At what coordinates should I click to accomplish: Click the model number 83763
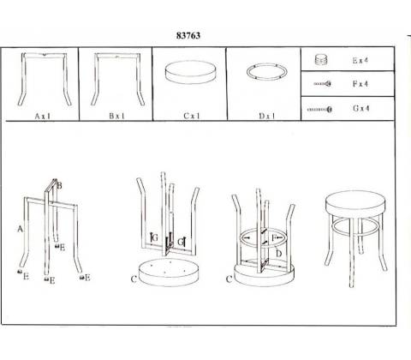coord(188,36)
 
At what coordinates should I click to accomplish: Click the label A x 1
coord(43,116)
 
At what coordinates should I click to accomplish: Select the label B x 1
coord(117,116)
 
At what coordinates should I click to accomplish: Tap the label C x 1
coord(192,116)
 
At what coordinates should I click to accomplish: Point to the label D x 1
coord(267,116)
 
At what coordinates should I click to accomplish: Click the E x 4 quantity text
coord(360,60)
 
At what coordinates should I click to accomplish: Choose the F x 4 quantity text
coord(360,84)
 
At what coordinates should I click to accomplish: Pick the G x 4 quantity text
coord(361,108)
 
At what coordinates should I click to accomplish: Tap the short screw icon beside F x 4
coord(323,84)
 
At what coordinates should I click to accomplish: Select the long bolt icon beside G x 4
coord(319,109)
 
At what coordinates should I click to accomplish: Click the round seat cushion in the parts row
coord(190,72)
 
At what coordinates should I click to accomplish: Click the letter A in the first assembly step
coord(20,229)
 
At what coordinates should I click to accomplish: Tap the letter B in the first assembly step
coord(59,186)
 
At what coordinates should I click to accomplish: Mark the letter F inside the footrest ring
coord(274,237)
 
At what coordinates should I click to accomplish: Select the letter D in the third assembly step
coord(279,254)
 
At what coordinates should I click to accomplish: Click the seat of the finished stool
coord(355,203)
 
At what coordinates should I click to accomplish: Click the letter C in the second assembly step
coord(134,279)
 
